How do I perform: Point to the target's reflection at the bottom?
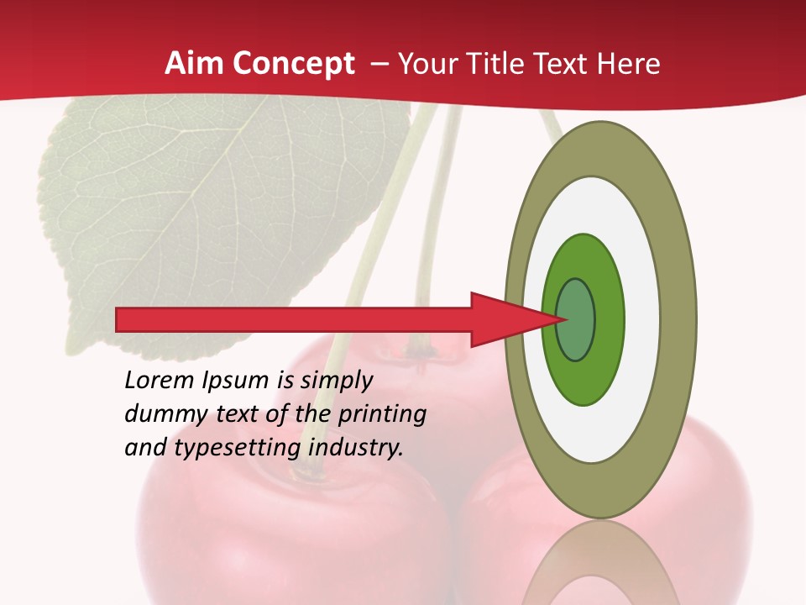click(600, 567)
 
